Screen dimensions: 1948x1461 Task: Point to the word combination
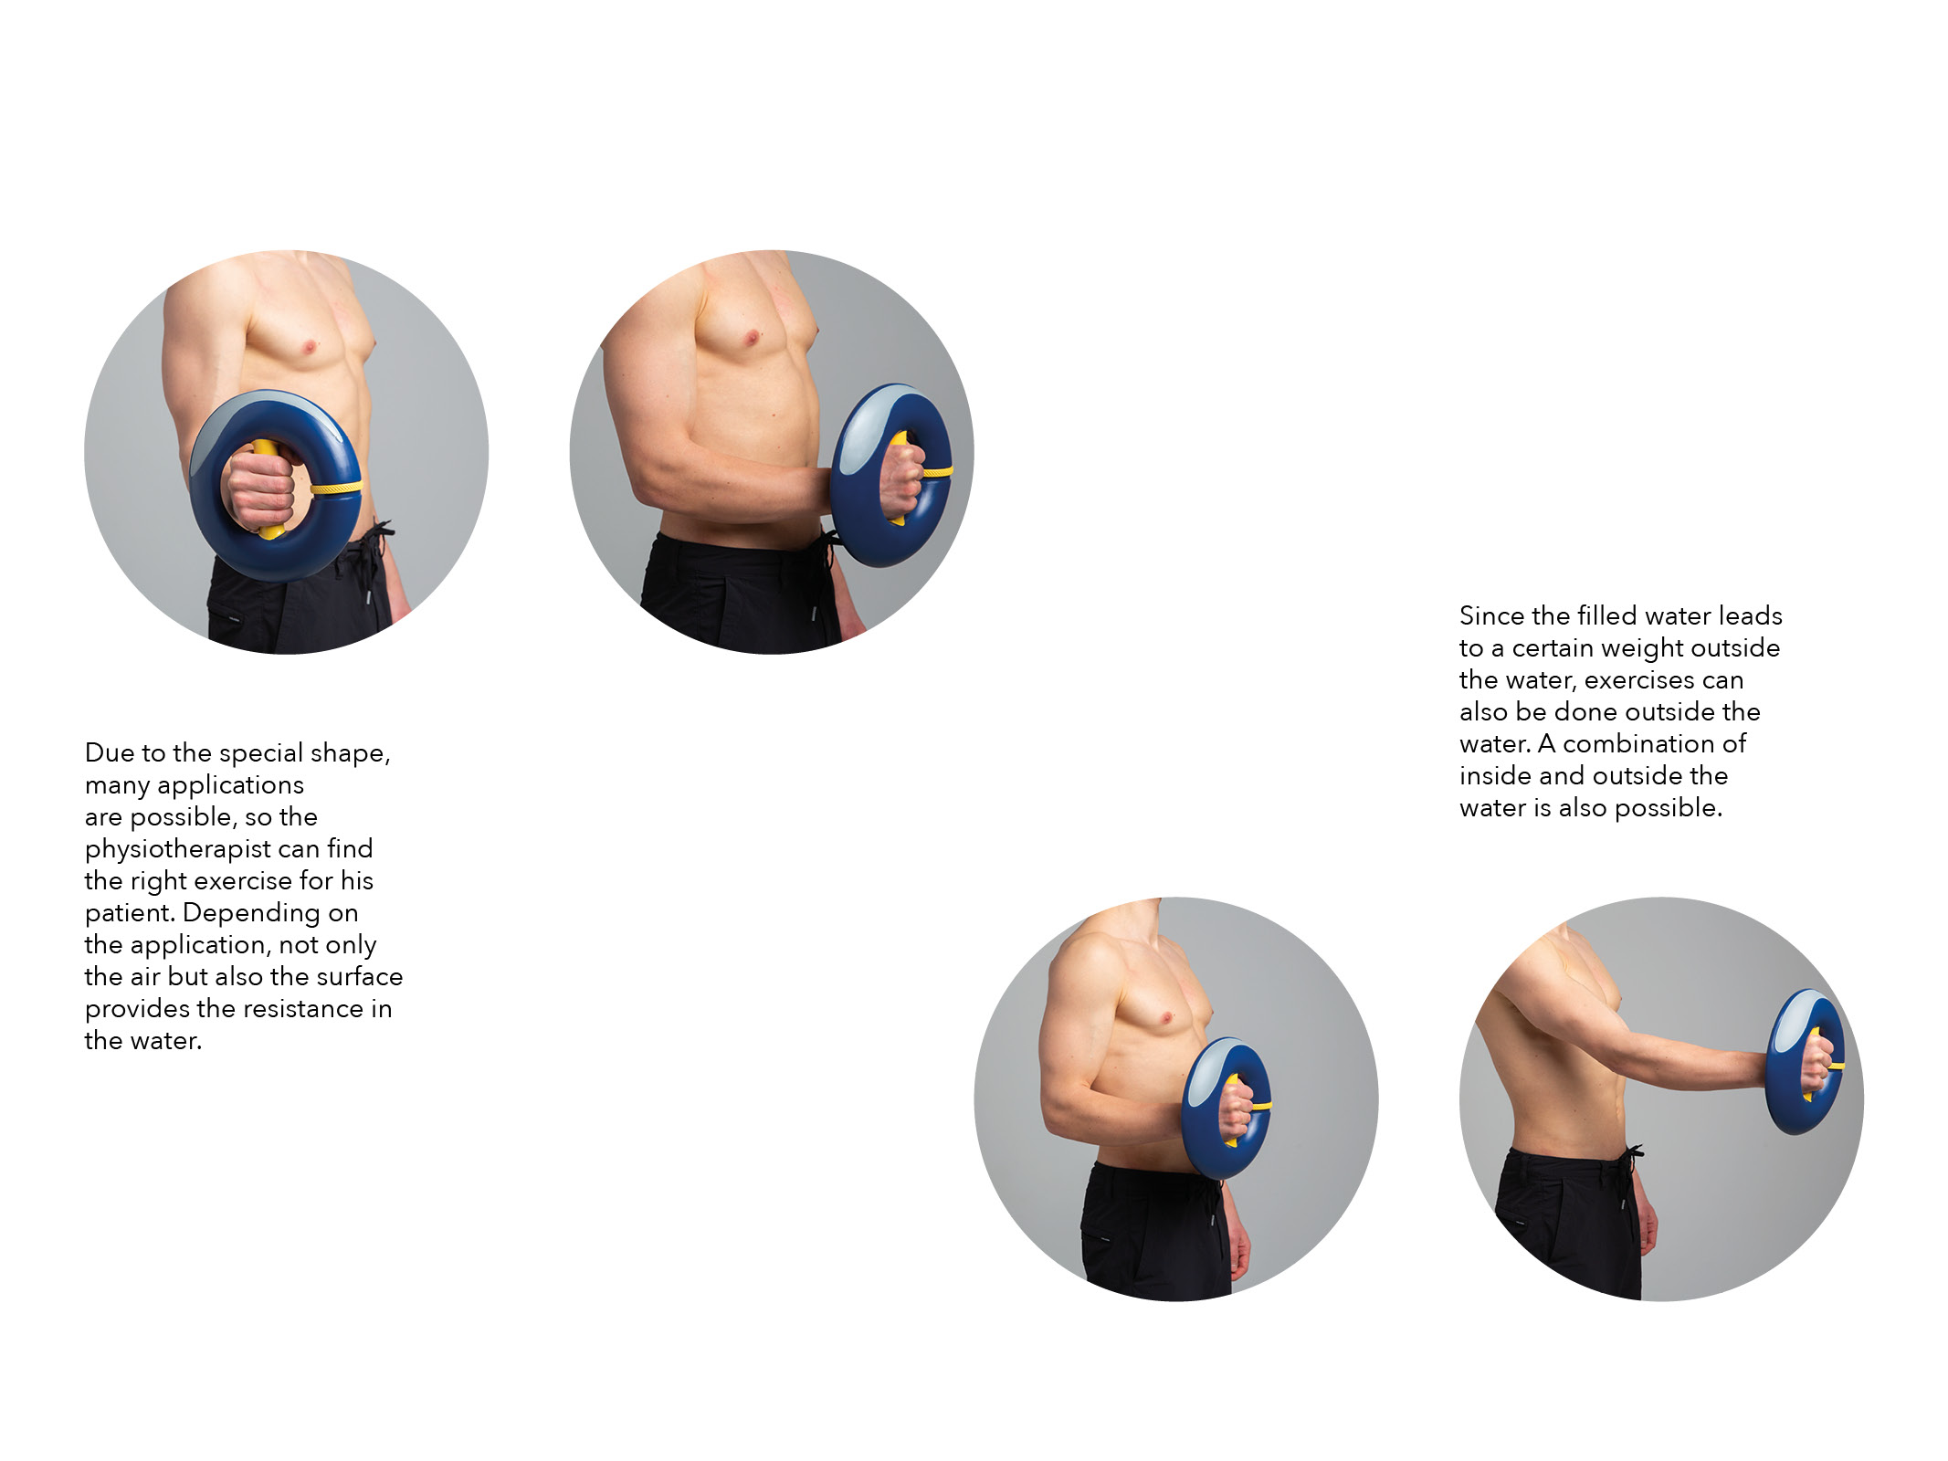pyautogui.click(x=1640, y=744)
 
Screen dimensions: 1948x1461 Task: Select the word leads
pyautogui.click(x=1751, y=616)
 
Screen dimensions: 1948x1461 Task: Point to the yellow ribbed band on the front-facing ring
pyautogui.click(x=336, y=488)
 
